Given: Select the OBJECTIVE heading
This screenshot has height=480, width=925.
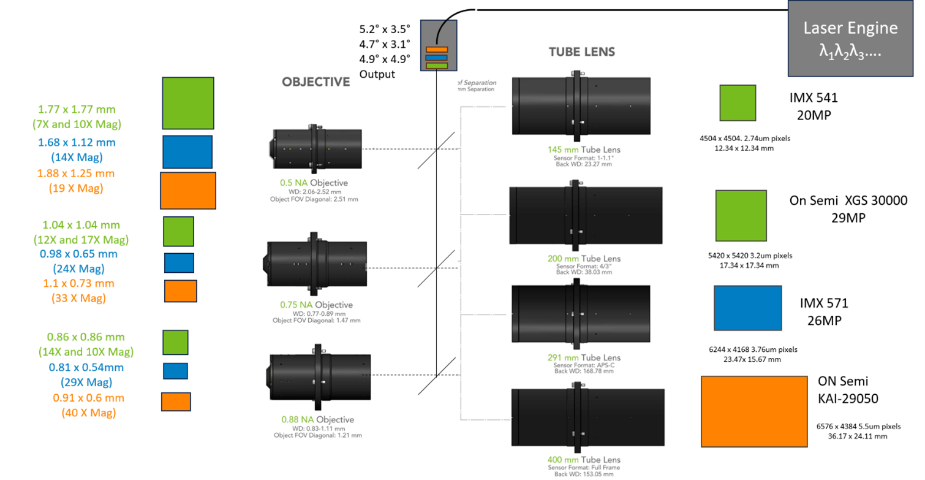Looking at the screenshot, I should [315, 82].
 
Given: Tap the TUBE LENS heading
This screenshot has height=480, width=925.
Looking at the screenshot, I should [581, 52].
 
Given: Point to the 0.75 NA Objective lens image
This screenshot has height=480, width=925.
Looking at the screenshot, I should [316, 267].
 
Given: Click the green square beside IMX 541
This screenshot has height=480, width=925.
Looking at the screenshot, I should [738, 102].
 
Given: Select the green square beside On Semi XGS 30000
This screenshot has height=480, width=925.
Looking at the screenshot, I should [741, 215].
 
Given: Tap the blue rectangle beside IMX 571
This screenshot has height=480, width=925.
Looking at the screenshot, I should [747, 308].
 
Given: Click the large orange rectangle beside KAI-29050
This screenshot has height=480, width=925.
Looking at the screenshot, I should [754, 411].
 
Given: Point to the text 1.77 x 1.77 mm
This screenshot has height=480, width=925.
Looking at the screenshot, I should [77, 110].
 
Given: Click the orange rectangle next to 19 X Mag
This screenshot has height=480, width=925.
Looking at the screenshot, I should [187, 191].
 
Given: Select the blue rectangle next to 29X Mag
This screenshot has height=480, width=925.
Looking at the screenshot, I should [175, 371].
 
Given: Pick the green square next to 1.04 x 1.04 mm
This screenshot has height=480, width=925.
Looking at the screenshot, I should [178, 231].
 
